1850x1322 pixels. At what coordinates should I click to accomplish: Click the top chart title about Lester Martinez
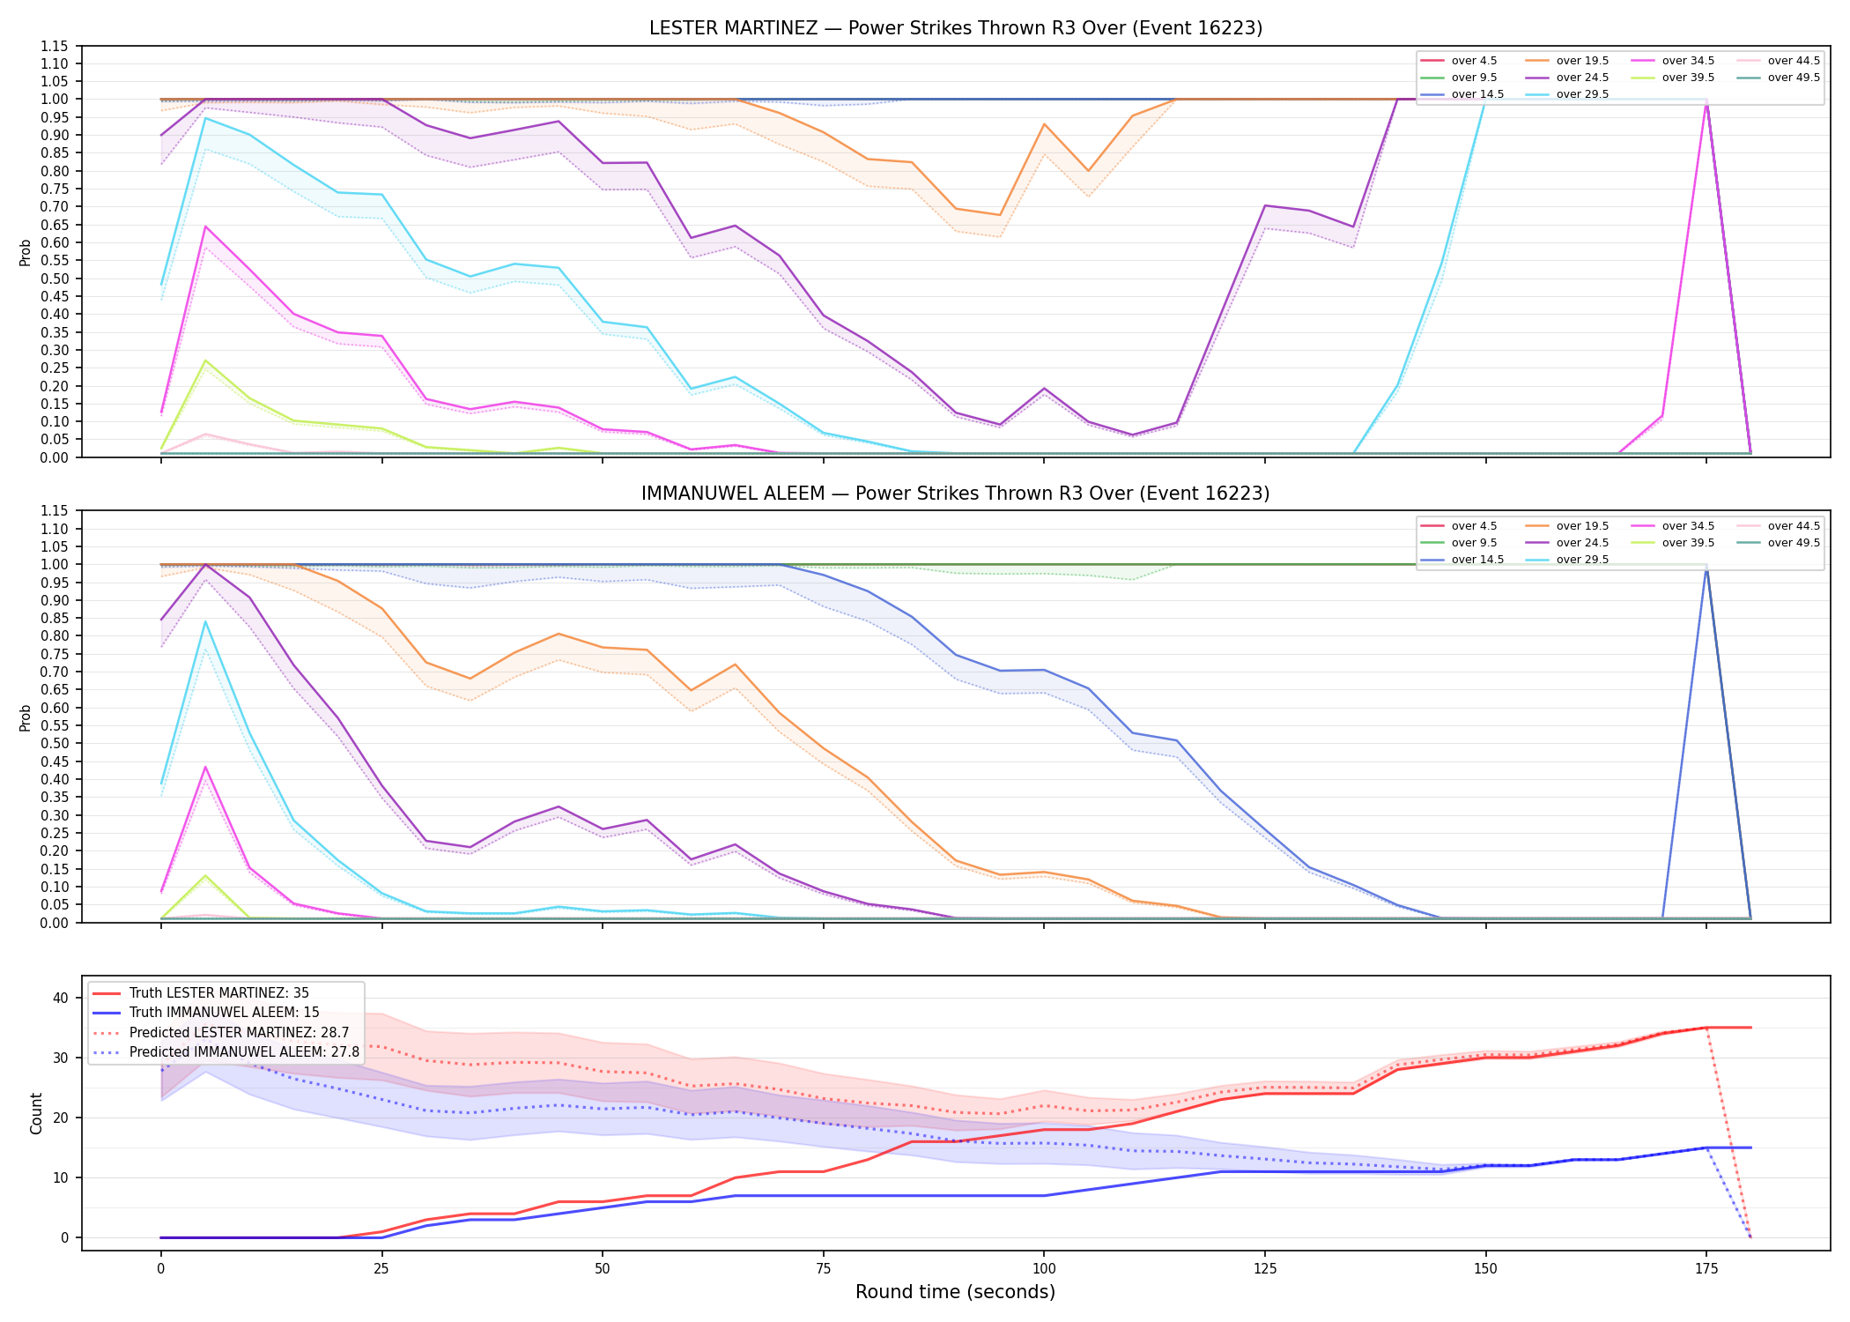(956, 28)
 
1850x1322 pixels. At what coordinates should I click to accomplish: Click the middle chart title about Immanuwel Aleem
(956, 494)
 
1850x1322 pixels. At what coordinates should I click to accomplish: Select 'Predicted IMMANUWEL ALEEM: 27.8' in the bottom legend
(226, 1052)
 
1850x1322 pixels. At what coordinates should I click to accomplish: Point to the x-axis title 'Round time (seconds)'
(955, 1292)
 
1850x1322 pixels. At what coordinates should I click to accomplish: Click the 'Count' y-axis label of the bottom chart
(36, 1113)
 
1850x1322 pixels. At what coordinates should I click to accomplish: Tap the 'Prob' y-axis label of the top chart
(26, 252)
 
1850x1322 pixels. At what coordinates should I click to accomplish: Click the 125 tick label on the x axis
(1265, 1269)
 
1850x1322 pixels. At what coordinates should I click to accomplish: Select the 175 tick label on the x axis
(1706, 1269)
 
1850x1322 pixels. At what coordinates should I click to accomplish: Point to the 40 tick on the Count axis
(61, 998)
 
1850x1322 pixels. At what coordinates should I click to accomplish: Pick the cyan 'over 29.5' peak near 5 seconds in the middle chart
(205, 622)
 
